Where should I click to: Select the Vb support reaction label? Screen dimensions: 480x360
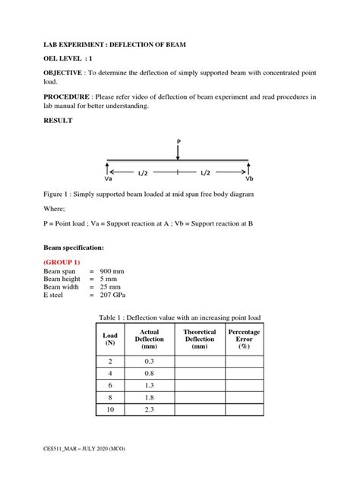click(x=249, y=179)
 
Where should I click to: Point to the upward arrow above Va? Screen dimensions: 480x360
click(x=109, y=168)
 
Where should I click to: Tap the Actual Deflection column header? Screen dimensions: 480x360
click(x=149, y=339)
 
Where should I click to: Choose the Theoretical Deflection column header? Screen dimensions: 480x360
click(x=199, y=339)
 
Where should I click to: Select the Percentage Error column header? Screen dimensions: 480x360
click(x=244, y=339)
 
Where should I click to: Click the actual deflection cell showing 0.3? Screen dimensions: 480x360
click(x=149, y=362)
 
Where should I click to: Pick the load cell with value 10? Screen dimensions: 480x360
click(x=109, y=410)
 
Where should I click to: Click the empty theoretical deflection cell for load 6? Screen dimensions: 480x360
click(x=199, y=386)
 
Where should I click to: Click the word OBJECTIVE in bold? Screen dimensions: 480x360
click(x=65, y=71)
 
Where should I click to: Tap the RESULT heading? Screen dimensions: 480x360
click(x=58, y=121)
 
